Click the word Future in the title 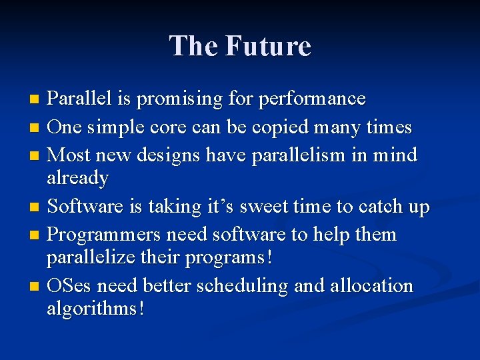tap(268, 46)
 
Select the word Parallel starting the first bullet tap(80, 99)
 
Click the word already tap(77, 179)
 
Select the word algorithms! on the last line tap(95, 309)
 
